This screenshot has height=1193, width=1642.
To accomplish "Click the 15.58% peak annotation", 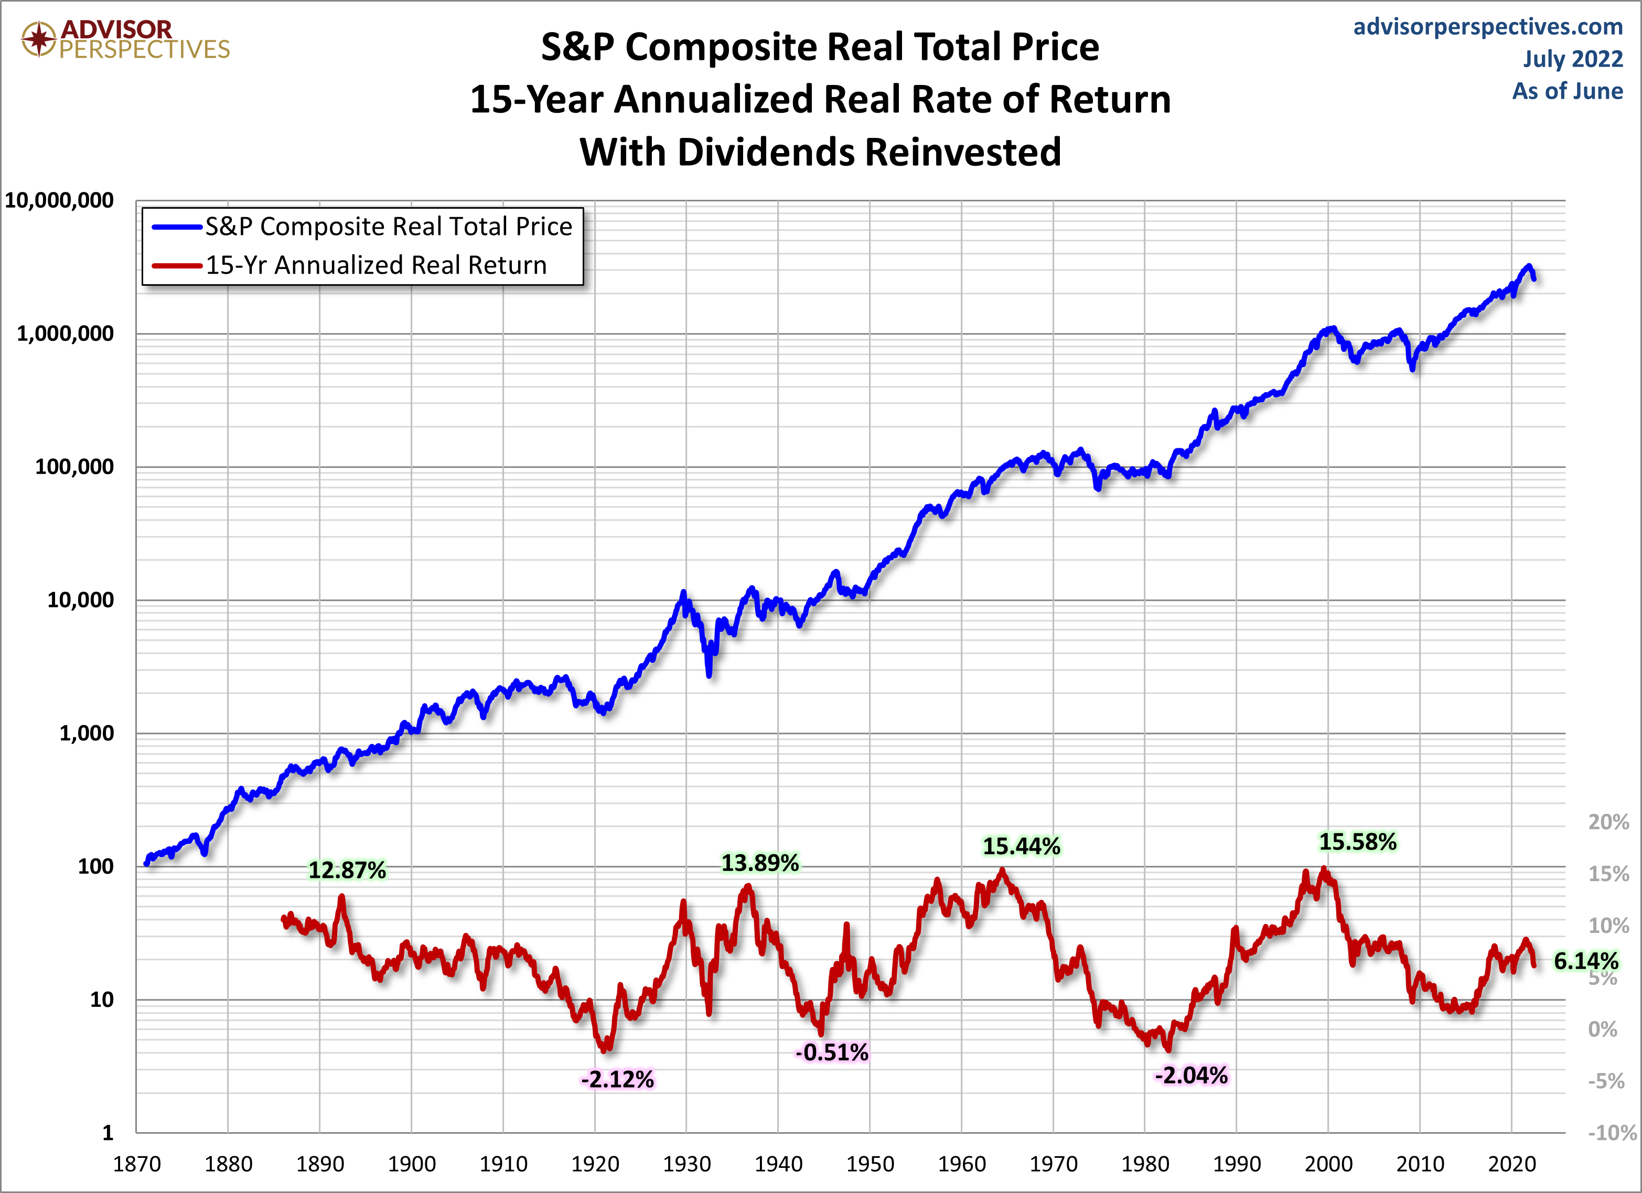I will (1357, 842).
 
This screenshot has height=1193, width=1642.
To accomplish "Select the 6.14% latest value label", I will (1585, 961).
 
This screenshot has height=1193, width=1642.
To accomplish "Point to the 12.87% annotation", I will (348, 869).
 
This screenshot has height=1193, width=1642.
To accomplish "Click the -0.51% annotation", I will (832, 1052).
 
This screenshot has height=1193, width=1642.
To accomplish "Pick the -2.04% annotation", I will (1191, 1075).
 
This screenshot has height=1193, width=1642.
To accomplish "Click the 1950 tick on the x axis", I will (870, 1164).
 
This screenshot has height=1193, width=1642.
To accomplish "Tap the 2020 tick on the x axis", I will (1512, 1164).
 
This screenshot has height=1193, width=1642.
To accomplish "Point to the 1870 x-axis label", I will (137, 1164).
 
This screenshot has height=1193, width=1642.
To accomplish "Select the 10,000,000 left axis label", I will (59, 200).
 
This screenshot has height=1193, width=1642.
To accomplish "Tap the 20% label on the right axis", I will (1608, 822).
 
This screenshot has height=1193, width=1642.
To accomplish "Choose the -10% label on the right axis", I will (1612, 1132).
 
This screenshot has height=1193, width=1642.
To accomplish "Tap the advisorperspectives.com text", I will (1488, 27).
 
